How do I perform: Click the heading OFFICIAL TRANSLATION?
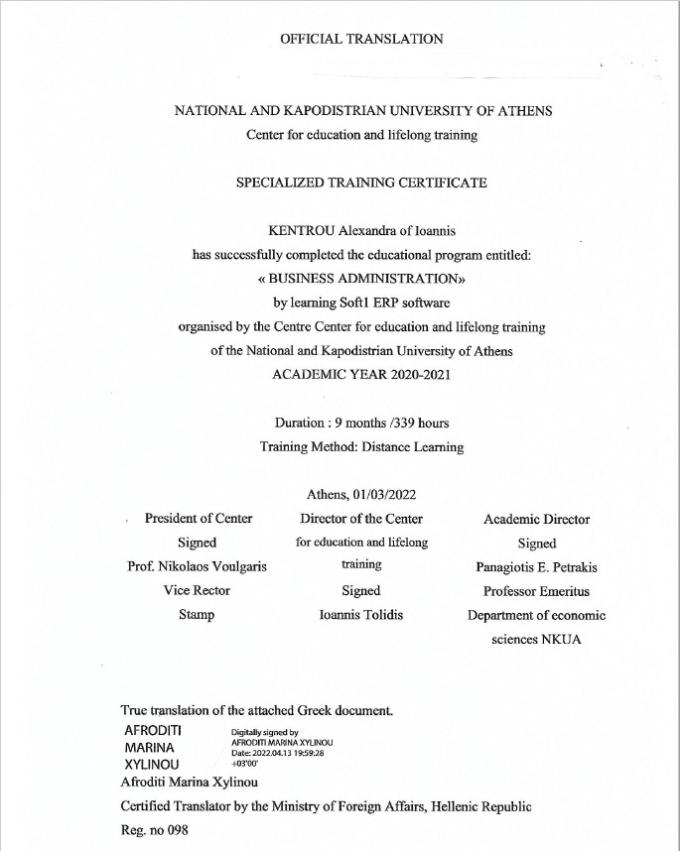361,39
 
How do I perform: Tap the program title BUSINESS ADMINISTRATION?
362,279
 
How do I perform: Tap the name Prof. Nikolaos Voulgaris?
198,566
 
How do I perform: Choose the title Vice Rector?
197,590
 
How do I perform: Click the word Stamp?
197,615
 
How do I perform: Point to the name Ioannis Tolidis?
361,615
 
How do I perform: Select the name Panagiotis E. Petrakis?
536,566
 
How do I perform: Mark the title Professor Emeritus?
536,591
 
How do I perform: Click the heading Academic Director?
536,519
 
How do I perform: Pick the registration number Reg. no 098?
154,830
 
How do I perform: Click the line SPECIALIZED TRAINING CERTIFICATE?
361,183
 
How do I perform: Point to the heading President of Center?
199,519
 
